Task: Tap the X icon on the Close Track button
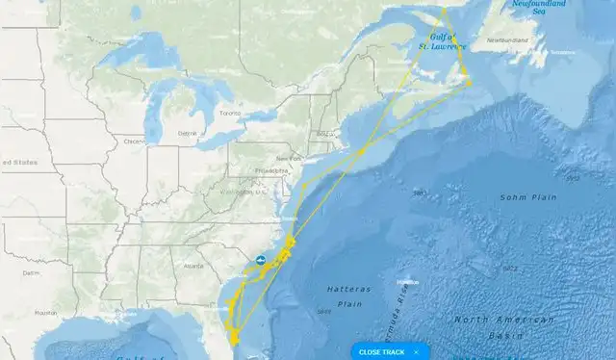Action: coord(416,352)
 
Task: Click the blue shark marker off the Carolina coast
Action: coord(260,260)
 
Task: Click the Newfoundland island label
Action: coord(508,40)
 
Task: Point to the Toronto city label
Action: coord(229,113)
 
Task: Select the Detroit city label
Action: coord(187,133)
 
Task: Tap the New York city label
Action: coord(289,158)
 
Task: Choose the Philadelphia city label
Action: coord(272,170)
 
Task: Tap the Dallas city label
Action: coord(32,272)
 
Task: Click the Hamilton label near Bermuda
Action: coord(407,281)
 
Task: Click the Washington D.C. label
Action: coord(242,192)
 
